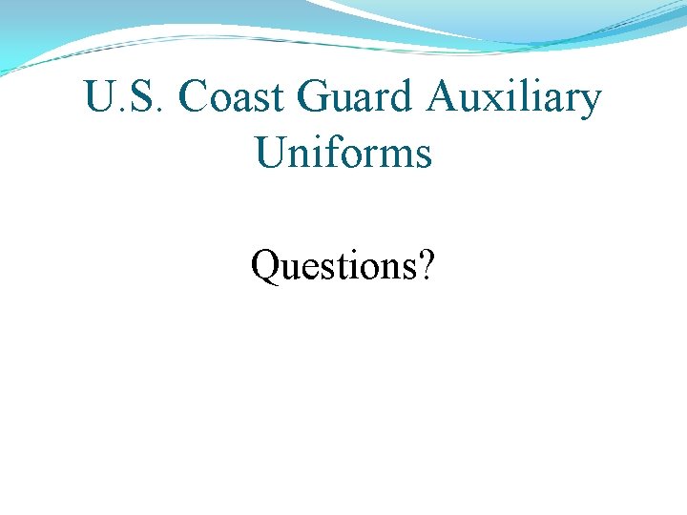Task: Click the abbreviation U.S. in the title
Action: (124, 96)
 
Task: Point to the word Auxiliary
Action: (513, 98)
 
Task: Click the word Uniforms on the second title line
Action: (343, 152)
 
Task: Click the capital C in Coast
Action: (193, 96)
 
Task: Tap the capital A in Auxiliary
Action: (443, 96)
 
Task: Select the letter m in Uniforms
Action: (395, 156)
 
